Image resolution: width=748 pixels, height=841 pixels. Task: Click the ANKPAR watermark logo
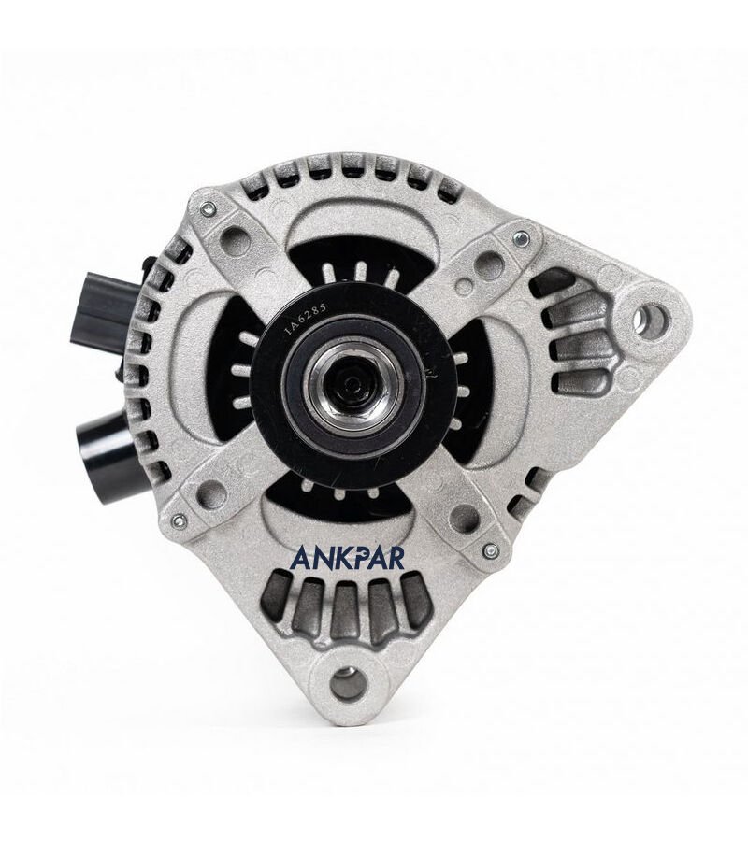point(347,557)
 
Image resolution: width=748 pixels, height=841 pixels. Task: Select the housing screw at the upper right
point(519,235)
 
